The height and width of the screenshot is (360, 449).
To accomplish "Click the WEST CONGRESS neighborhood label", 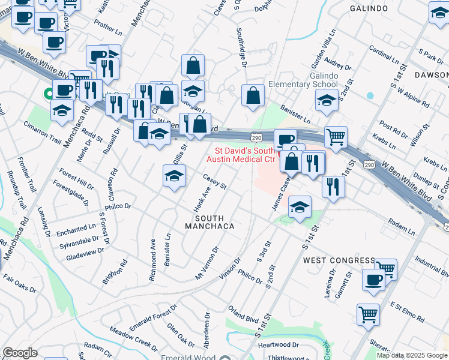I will (x=339, y=260).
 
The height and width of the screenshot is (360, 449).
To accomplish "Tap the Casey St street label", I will (x=214, y=181).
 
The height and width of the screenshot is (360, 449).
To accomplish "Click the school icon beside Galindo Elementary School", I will (x=326, y=101).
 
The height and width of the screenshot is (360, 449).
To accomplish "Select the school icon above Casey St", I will (x=174, y=176).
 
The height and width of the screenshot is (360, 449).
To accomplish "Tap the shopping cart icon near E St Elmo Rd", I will (x=368, y=313).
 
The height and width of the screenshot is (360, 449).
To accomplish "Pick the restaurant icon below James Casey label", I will (x=333, y=187).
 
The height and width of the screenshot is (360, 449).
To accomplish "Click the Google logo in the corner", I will (x=20, y=353).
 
